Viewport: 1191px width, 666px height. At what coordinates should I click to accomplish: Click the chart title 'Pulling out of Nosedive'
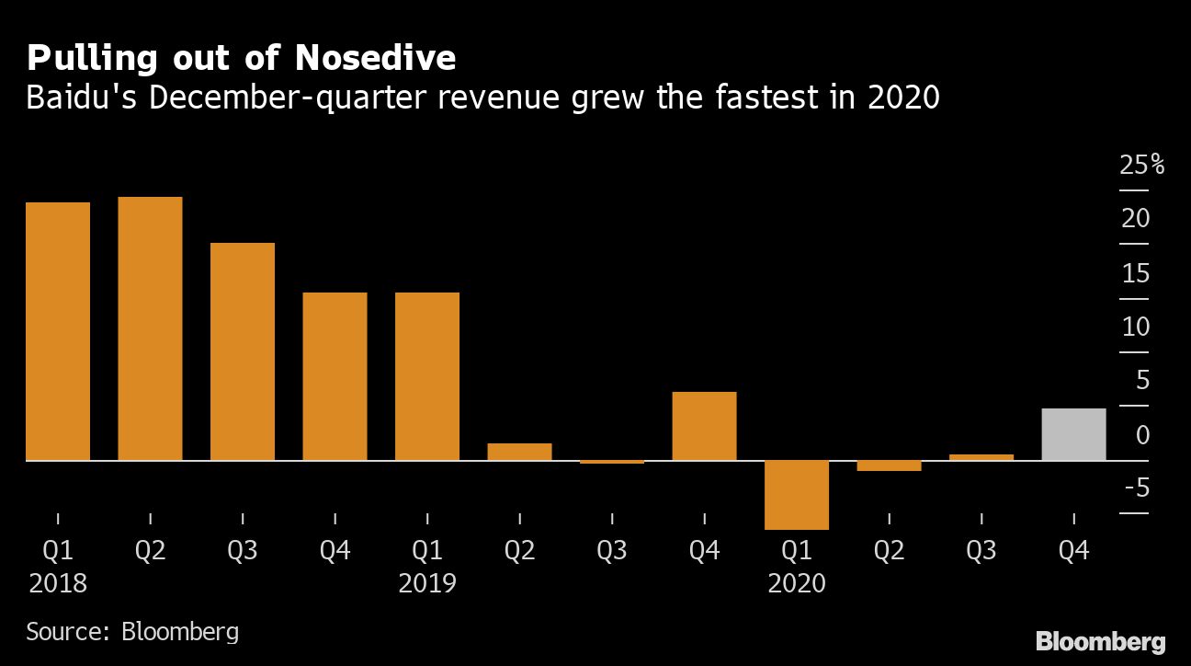pyautogui.click(x=241, y=58)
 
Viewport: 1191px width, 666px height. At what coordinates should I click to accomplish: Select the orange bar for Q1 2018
pyautogui.click(x=58, y=331)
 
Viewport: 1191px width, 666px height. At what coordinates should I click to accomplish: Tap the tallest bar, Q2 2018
pyautogui.click(x=150, y=328)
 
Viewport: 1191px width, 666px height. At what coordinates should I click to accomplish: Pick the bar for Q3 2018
pyautogui.click(x=243, y=351)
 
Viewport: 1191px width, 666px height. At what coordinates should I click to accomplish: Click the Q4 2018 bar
pyautogui.click(x=335, y=376)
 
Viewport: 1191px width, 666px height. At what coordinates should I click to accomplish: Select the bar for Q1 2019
pyautogui.click(x=427, y=376)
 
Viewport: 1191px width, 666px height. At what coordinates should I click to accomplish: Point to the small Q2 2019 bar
pyautogui.click(x=519, y=452)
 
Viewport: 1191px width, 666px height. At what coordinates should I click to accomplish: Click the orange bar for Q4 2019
pyautogui.click(x=704, y=426)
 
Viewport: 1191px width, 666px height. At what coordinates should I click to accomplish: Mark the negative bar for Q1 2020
pyautogui.click(x=797, y=494)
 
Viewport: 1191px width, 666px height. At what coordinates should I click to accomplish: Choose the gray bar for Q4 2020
pyautogui.click(x=1073, y=434)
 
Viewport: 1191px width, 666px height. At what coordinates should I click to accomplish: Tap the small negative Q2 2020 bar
pyautogui.click(x=889, y=465)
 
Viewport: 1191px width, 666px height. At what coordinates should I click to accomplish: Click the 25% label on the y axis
pyautogui.click(x=1141, y=166)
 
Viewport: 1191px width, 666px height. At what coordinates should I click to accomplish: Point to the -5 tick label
pyautogui.click(x=1136, y=488)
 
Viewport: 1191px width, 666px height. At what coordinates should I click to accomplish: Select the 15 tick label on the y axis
pyautogui.click(x=1136, y=273)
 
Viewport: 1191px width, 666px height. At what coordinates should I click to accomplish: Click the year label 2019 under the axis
pyautogui.click(x=427, y=583)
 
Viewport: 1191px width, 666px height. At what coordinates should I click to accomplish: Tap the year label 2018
pyautogui.click(x=58, y=583)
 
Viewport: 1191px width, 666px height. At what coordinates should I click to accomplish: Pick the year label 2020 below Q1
pyautogui.click(x=797, y=583)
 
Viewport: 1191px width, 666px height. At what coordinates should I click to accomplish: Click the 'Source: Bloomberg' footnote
pyautogui.click(x=132, y=632)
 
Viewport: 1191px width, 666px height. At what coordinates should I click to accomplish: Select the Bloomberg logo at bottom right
pyautogui.click(x=1100, y=641)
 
